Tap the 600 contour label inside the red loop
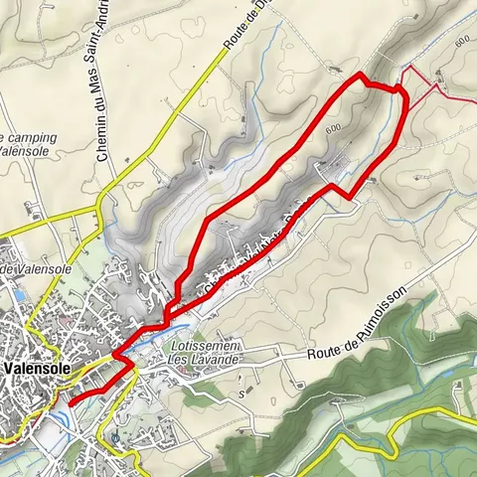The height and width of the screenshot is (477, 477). pos(332,129)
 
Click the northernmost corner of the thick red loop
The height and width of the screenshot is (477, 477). pos(360,75)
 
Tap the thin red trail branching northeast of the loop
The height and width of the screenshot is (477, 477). pos(437,83)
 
